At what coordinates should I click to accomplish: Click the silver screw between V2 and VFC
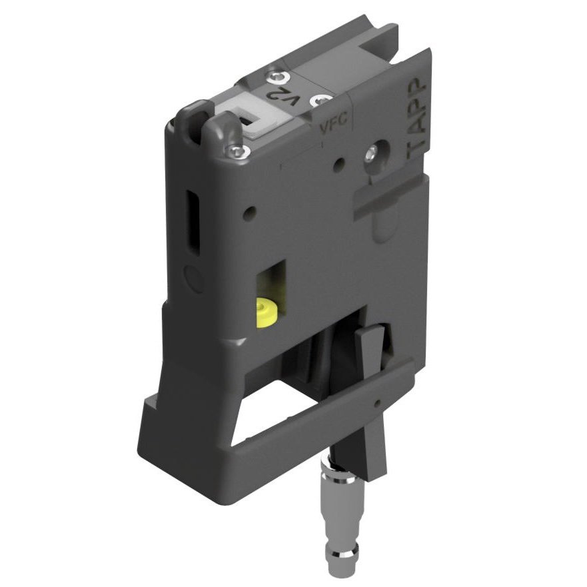(x=323, y=100)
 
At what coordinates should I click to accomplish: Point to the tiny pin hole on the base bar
(x=377, y=404)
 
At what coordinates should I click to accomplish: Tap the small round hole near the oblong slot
(x=250, y=213)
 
